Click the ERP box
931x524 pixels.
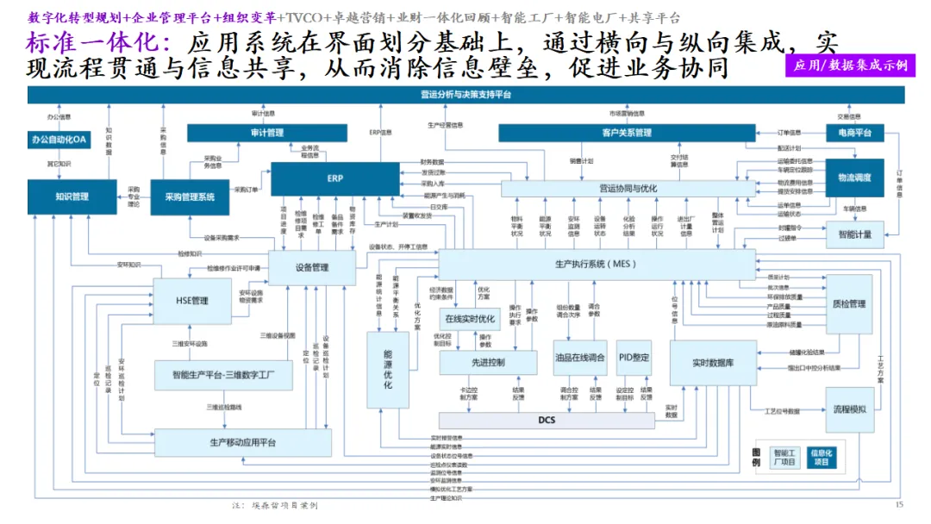(x=334, y=178)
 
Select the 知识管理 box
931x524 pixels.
(x=72, y=196)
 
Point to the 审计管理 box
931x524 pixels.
(x=266, y=133)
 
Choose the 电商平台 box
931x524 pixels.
(x=854, y=133)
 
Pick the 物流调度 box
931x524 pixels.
(x=854, y=178)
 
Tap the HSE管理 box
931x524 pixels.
(x=192, y=301)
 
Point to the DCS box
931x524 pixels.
(x=547, y=420)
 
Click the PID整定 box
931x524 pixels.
(x=634, y=358)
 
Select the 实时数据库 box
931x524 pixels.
(x=712, y=363)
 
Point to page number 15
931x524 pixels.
(x=899, y=505)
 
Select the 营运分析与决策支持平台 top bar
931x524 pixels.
(x=465, y=94)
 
